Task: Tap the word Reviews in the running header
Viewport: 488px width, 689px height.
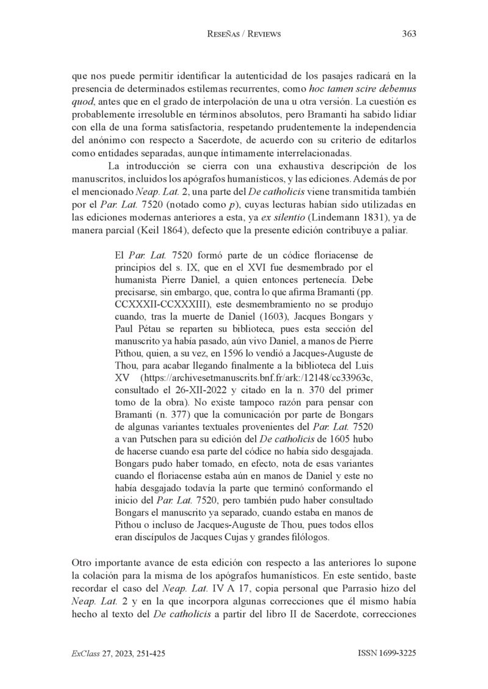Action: tap(262, 34)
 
